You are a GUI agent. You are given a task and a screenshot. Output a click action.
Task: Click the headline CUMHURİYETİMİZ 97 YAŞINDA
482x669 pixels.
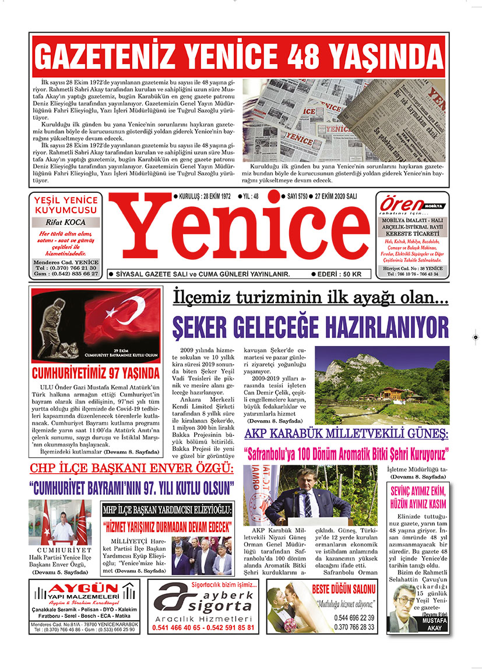point(96,372)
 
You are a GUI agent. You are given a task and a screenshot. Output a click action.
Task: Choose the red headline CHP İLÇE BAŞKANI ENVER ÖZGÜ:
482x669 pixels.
point(131,469)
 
